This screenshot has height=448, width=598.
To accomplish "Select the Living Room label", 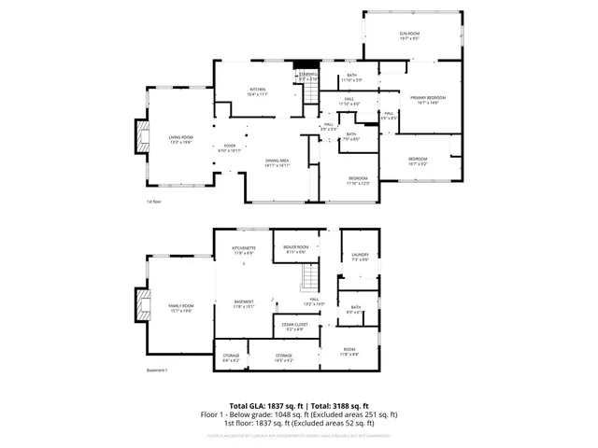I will (x=180, y=140).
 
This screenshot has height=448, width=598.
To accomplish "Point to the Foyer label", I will (x=230, y=147).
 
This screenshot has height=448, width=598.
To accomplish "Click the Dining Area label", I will (x=278, y=162).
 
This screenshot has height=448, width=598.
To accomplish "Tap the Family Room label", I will (x=180, y=308).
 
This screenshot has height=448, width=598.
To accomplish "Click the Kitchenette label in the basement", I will (x=244, y=249).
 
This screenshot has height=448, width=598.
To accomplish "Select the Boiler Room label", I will (x=295, y=249).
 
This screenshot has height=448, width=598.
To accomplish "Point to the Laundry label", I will (x=360, y=257).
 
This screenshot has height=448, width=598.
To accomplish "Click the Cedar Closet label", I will (x=295, y=326).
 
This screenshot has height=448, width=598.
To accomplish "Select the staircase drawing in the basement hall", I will (x=308, y=277).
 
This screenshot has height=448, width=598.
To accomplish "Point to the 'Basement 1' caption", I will (x=158, y=371).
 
